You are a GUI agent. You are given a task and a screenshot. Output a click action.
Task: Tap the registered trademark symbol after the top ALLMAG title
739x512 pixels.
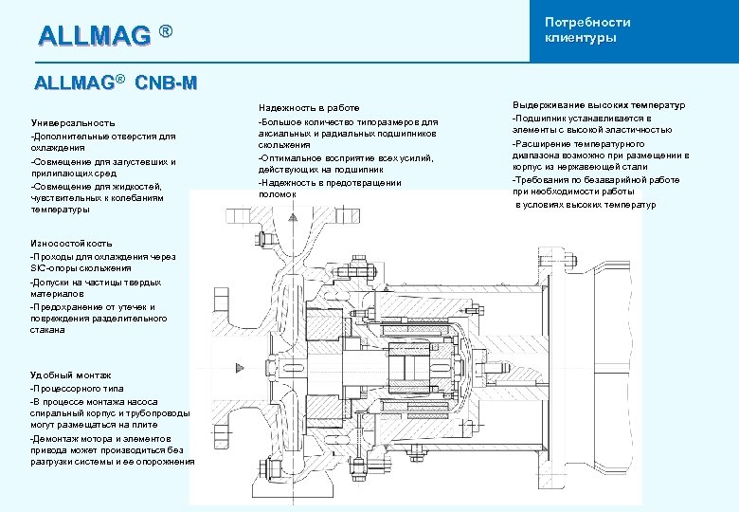166,32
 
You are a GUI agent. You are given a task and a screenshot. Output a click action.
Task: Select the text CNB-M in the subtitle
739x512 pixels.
166,82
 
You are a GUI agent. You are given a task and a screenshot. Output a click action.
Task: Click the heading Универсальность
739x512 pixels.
73,122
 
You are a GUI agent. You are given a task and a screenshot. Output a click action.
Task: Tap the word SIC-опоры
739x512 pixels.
55,268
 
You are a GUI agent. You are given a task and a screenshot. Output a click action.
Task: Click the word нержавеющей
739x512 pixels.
595,167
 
